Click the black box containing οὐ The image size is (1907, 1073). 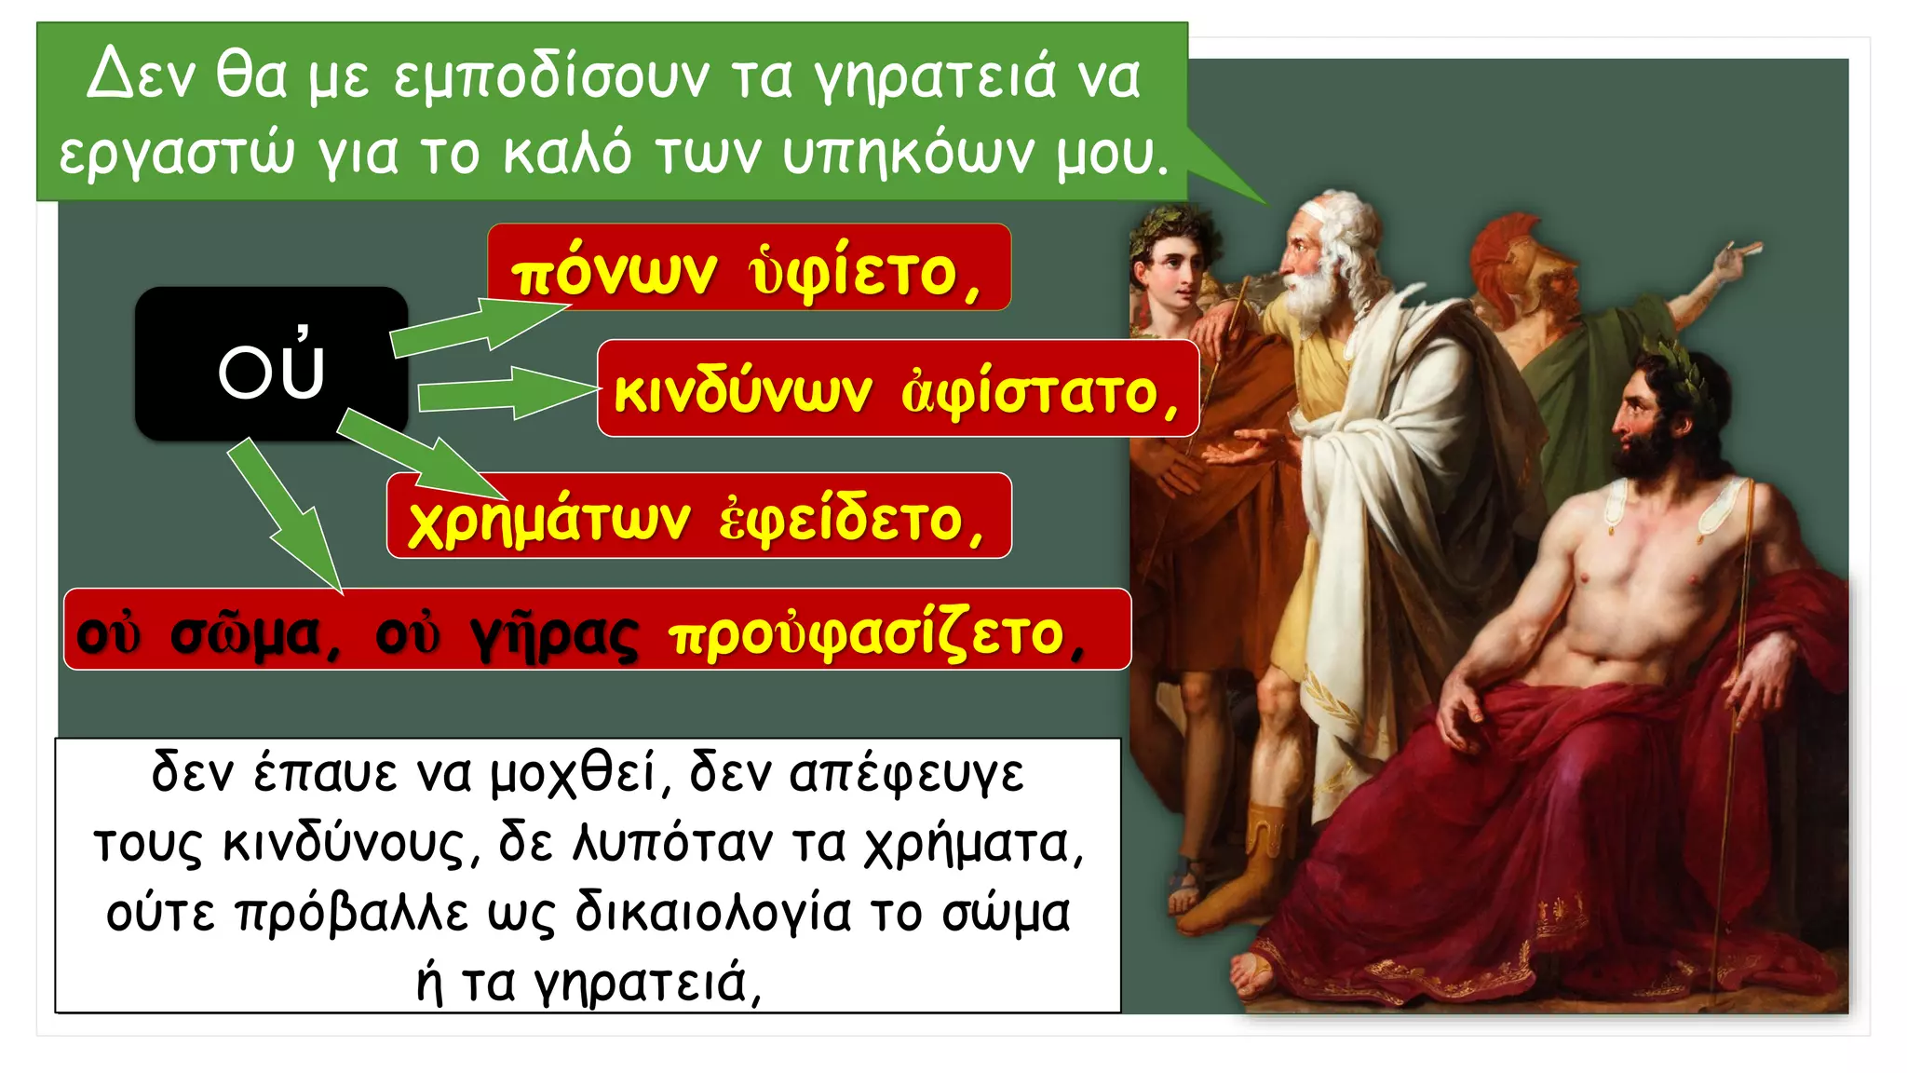tap(271, 364)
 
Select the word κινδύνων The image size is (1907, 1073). tap(743, 391)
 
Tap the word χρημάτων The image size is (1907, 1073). tap(549, 519)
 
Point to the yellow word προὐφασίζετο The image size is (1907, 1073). tap(875, 636)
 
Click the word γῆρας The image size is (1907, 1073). tap(555, 636)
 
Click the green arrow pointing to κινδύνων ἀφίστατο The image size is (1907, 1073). tap(507, 391)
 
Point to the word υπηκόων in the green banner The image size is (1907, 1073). tap(908, 153)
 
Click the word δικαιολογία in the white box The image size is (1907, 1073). tap(713, 912)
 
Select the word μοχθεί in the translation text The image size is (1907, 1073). tap(582, 773)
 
